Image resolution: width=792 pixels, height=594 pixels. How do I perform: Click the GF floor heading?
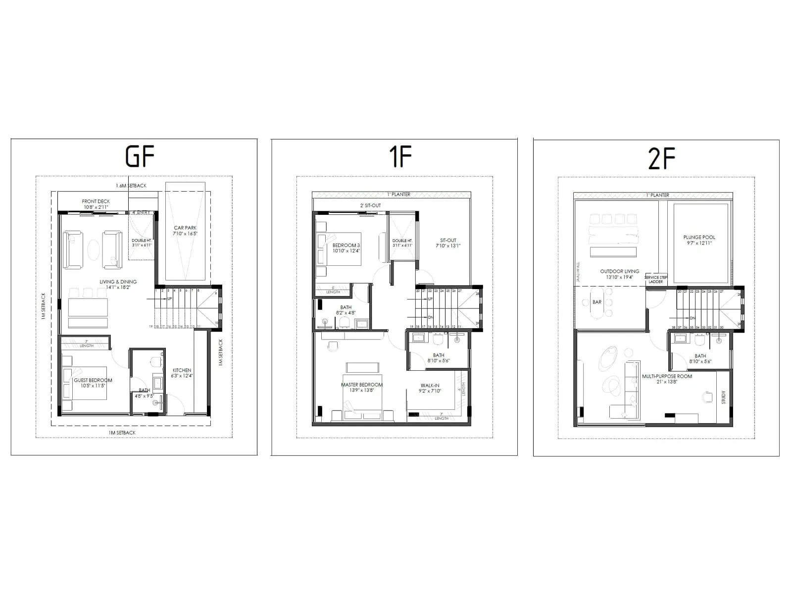click(140, 156)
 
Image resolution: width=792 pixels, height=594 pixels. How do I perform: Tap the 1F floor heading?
click(400, 156)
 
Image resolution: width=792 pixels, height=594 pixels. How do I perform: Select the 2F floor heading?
click(662, 158)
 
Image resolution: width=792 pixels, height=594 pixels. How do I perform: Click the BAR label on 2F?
click(597, 302)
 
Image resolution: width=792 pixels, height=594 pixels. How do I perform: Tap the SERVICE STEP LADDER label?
click(656, 280)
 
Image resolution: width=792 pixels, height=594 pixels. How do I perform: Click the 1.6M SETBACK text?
click(131, 186)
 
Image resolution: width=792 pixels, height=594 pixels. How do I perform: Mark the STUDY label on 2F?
click(723, 397)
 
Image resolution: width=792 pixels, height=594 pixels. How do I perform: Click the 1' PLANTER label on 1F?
click(398, 195)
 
